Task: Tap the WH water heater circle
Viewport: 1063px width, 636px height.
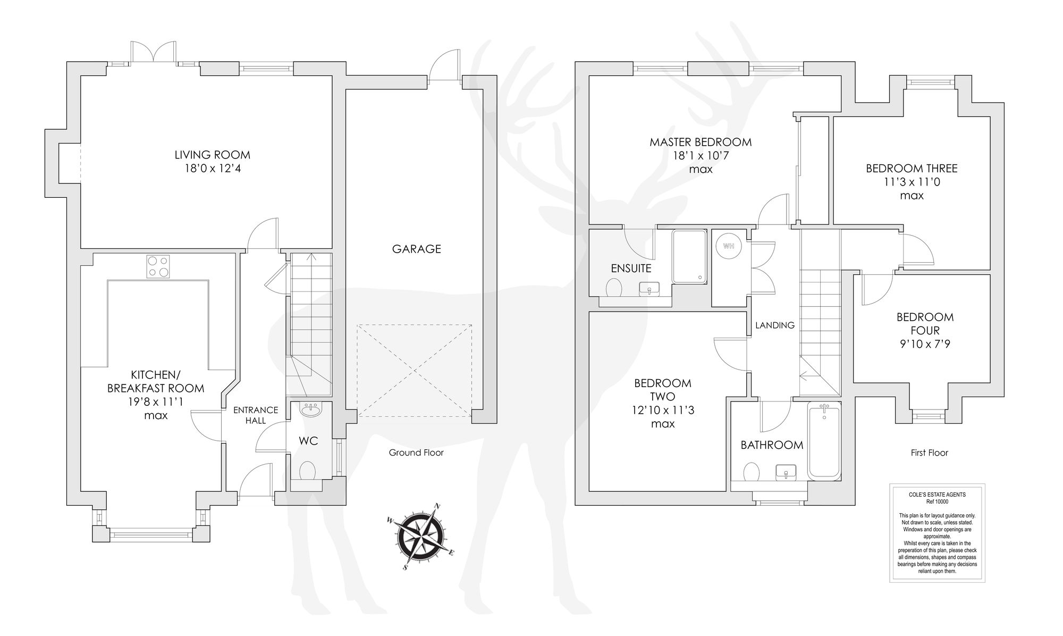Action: (x=728, y=246)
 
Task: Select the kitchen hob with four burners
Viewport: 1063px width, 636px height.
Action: (x=158, y=266)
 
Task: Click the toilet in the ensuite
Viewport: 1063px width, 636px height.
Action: (x=614, y=288)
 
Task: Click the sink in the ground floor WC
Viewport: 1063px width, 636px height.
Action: (x=309, y=410)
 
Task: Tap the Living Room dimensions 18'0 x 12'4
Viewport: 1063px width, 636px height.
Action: (x=212, y=169)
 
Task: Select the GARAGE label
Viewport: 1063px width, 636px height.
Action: (x=416, y=249)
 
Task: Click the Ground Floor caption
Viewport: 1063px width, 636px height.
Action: (x=416, y=453)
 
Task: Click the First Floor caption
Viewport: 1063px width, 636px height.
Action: (x=929, y=453)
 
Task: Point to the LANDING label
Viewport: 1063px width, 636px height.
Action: (x=774, y=325)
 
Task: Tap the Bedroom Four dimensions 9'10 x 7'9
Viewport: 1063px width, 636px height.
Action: (x=925, y=344)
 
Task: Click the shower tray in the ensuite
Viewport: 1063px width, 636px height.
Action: (x=689, y=256)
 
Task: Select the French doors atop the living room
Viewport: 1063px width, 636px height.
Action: (x=153, y=54)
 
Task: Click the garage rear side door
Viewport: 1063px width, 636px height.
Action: (x=444, y=68)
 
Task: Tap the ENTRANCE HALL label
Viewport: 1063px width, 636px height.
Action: (x=256, y=415)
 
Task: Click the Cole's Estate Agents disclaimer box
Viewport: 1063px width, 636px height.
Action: (x=937, y=532)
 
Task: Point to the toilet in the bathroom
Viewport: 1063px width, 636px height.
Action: (x=751, y=472)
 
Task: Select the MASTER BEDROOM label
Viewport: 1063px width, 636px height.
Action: (x=701, y=142)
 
